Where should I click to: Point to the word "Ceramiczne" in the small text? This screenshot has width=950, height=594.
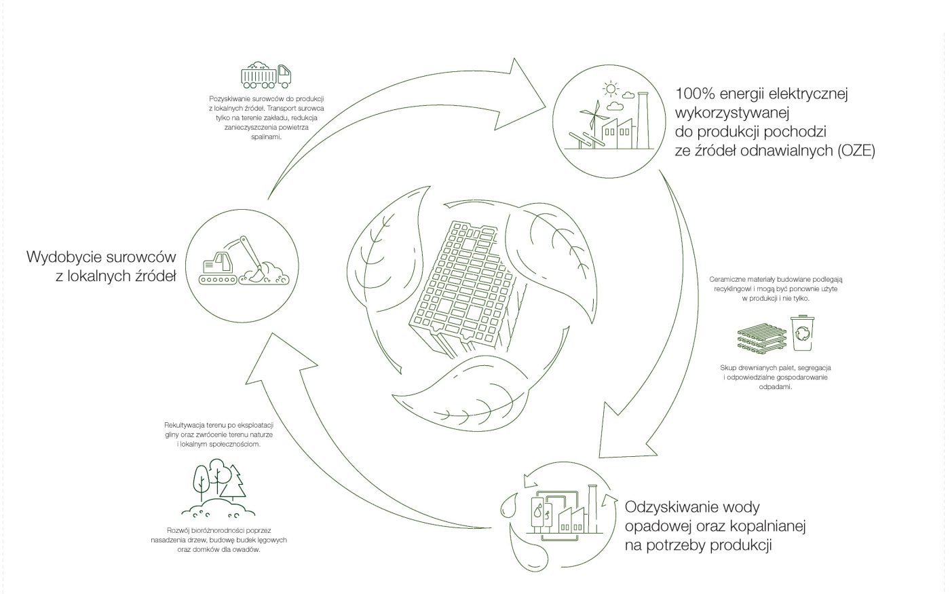[x=727, y=279]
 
